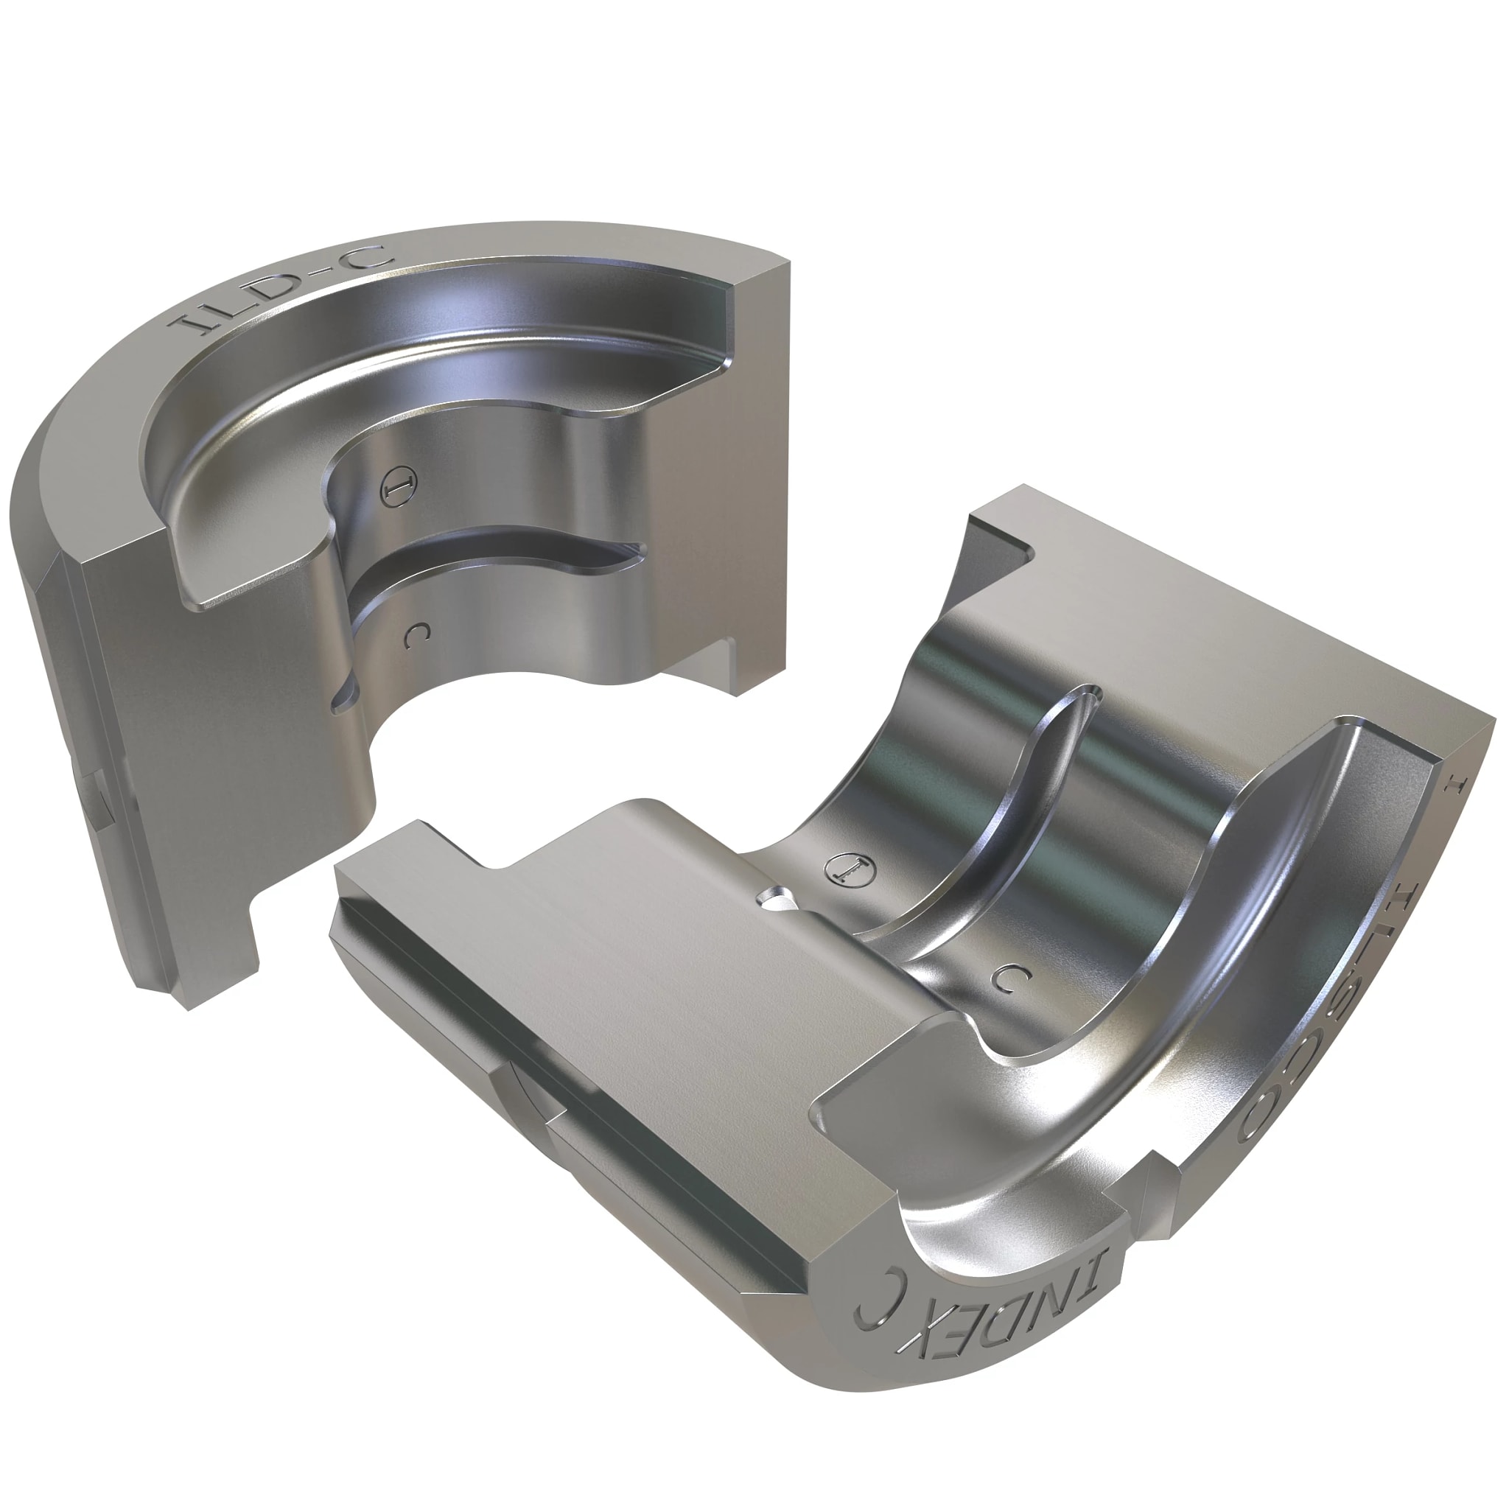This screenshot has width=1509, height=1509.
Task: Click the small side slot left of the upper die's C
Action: (344, 695)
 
